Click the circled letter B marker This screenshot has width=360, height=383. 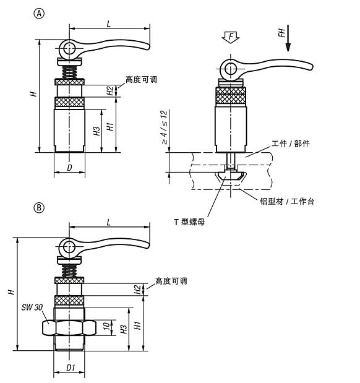[x=39, y=209]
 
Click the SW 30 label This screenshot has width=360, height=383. [x=28, y=308]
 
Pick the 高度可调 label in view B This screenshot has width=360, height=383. [x=171, y=281]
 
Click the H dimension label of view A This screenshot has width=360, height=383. [x=34, y=93]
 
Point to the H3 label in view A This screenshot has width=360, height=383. [x=96, y=131]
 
